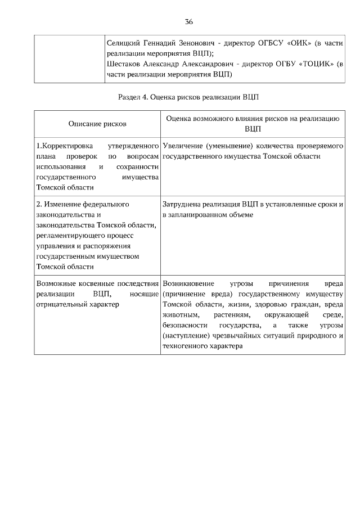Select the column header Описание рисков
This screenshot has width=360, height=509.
[97, 123]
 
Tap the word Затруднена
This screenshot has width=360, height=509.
[181, 204]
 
